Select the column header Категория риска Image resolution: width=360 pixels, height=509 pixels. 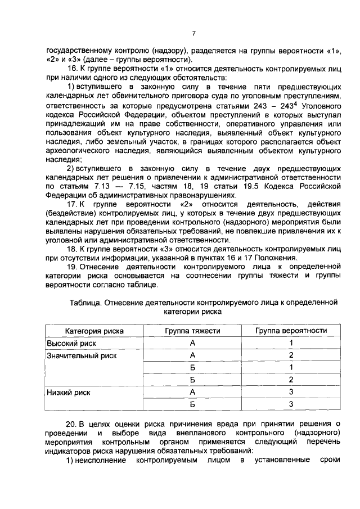point(94,331)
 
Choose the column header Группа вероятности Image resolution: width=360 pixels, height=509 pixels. point(291,331)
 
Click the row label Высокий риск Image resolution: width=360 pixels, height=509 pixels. point(71,343)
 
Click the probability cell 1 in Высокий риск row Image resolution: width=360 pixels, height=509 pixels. point(291,343)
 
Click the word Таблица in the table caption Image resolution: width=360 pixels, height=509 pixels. point(85,301)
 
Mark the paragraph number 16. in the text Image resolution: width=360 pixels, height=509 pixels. point(73,69)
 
